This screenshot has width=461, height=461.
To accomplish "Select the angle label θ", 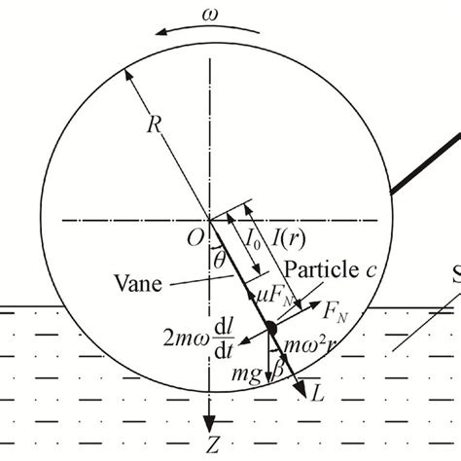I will click(x=220, y=260).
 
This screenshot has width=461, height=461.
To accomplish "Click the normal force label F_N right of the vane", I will click(x=336, y=312).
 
